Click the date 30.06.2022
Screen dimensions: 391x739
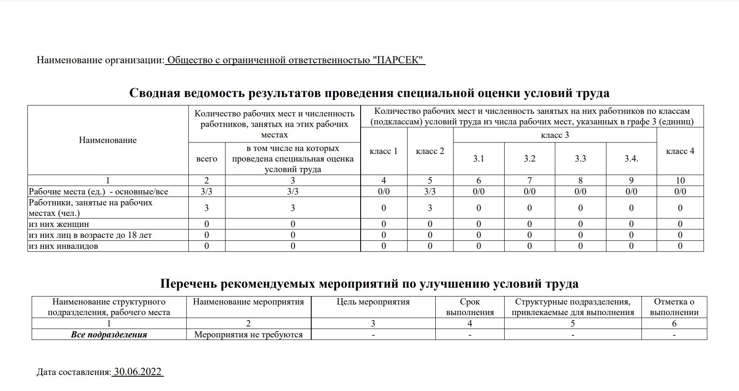click(x=138, y=372)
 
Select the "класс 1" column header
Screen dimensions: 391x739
click(x=383, y=151)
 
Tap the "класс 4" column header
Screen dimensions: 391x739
click(x=680, y=151)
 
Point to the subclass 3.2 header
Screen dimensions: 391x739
click(x=530, y=159)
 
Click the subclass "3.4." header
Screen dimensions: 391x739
click(x=631, y=159)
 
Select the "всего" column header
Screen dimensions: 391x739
click(x=206, y=159)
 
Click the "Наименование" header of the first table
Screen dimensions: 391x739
click(x=108, y=140)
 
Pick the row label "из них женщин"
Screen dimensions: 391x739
click(x=59, y=224)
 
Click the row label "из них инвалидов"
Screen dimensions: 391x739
click(x=63, y=246)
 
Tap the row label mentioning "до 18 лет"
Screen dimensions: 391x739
click(x=90, y=235)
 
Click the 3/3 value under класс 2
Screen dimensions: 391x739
click(x=430, y=191)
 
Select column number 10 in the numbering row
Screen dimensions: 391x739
click(x=680, y=181)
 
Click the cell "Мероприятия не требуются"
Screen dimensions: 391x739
click(x=248, y=334)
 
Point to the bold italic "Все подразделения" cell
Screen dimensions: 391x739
click(x=109, y=334)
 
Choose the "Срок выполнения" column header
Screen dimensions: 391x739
click(x=470, y=307)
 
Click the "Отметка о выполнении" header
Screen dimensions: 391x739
click(x=674, y=307)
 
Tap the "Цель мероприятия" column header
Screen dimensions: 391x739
click(x=373, y=302)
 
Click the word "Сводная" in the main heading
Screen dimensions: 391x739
click(x=155, y=93)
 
